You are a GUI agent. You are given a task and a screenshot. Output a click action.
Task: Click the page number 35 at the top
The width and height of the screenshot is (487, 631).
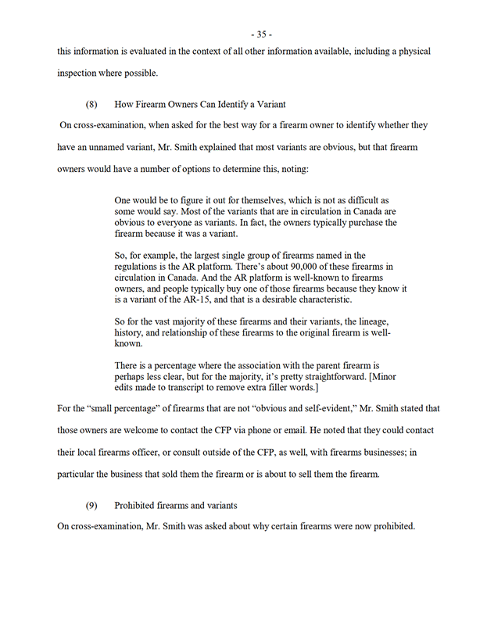coord(261,34)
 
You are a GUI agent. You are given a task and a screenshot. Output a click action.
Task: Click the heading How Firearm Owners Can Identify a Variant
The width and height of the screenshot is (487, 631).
coord(200,103)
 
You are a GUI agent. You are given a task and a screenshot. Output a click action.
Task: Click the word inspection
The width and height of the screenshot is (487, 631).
coord(79,73)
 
